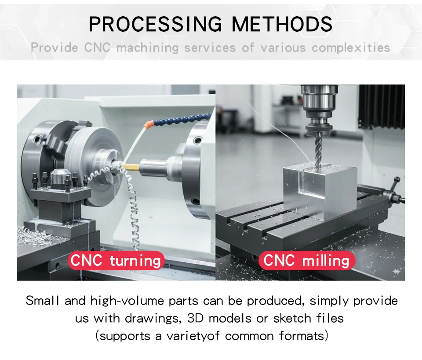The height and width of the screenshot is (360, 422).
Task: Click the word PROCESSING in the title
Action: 156,24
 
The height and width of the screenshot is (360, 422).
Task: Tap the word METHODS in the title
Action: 282,24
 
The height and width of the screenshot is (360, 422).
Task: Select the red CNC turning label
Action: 116,261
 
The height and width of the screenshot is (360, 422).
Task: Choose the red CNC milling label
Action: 306,261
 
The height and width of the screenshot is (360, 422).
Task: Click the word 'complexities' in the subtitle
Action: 351,48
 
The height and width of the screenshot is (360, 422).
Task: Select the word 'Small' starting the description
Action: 42,301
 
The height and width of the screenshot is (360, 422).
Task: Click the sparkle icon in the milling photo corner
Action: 397,272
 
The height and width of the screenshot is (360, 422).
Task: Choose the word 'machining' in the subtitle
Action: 148,48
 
